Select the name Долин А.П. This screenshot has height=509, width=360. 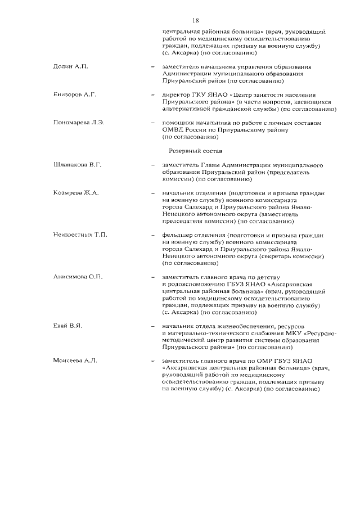point(70,66)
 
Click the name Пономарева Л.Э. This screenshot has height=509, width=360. point(79,123)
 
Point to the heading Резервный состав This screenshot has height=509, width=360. point(196,151)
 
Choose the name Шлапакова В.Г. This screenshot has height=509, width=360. point(77,165)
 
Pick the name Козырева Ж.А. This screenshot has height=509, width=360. point(76,193)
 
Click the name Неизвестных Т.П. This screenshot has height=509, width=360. point(80,235)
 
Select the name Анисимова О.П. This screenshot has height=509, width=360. point(78,277)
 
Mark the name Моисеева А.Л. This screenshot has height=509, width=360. point(75,361)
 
